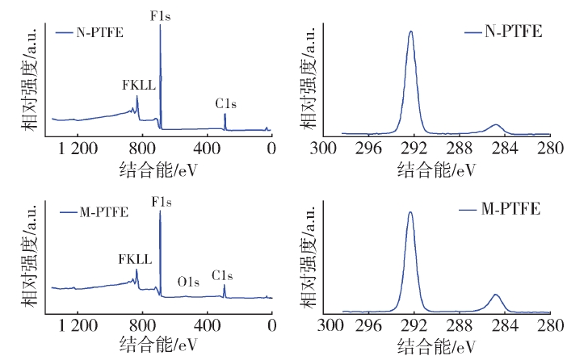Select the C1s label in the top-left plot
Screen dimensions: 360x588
pos(226,103)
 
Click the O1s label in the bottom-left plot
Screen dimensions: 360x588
pos(188,283)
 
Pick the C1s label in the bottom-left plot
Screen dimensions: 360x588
pos(223,276)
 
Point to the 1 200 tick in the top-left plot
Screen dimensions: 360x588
pos(78,148)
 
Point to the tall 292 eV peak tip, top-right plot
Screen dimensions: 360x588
pos(411,32)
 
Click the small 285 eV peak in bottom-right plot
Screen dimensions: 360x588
pos(496,295)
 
